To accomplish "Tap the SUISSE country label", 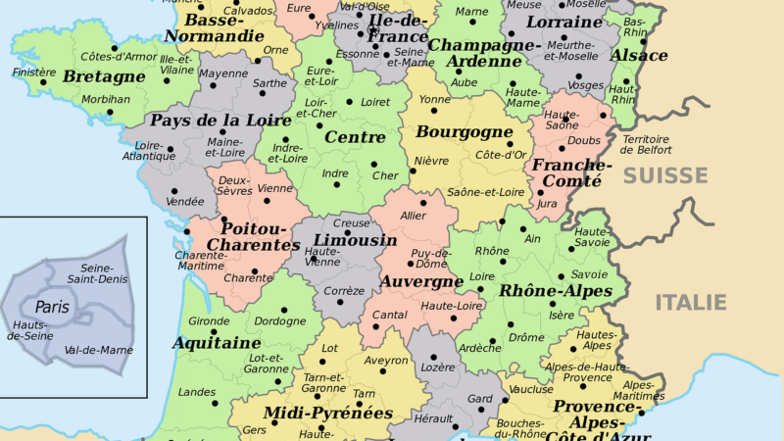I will tap(665, 176).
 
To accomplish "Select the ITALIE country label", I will tap(690, 302).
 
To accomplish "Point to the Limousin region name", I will tap(355, 240).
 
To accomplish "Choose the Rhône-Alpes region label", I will tap(556, 291).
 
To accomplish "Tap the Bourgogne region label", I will tap(465, 131).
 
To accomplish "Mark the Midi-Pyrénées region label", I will tap(327, 413).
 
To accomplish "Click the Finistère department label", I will tap(33, 73).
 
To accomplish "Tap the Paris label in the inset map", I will tap(53, 307).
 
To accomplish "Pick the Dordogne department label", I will tap(279, 320).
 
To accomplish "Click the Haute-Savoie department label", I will tap(593, 238).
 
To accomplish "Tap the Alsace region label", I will tap(639, 56).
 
